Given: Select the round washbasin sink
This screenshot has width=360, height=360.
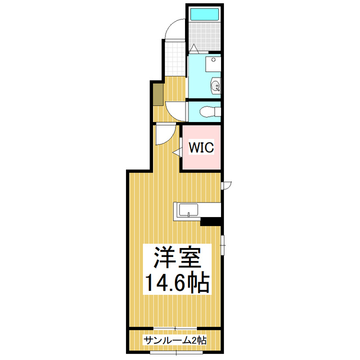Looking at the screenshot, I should point(215,86).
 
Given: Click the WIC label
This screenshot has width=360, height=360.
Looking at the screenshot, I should point(200,148).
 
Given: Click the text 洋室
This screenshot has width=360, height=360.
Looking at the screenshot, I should point(175,260).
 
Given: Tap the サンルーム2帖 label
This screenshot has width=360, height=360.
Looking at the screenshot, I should point(175,341).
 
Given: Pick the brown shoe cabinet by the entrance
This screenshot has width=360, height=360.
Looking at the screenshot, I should point(157,93).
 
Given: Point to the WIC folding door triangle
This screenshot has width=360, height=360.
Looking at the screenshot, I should point(177,151).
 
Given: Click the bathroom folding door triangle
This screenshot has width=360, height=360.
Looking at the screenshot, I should point(193,48).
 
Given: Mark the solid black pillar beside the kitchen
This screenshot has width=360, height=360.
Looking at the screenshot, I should point(212,222).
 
